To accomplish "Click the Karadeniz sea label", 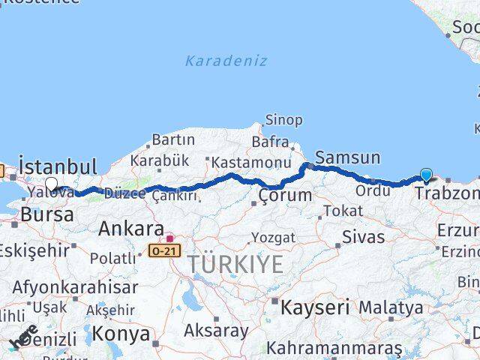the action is tap(225, 61).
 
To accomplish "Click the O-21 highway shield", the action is tap(163, 250).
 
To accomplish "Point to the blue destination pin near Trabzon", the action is tap(427, 175).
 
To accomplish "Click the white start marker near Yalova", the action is tap(51, 184).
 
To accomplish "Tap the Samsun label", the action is tap(347, 157).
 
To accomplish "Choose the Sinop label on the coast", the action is tap(283, 120).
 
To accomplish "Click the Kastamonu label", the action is tap(250, 162).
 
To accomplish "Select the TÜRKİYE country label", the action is tap(235, 264).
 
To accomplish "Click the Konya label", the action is tap(122, 334).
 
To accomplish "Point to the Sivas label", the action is tap(363, 238).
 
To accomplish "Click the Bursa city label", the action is tap(47, 214).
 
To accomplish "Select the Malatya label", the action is tap(390, 307).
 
